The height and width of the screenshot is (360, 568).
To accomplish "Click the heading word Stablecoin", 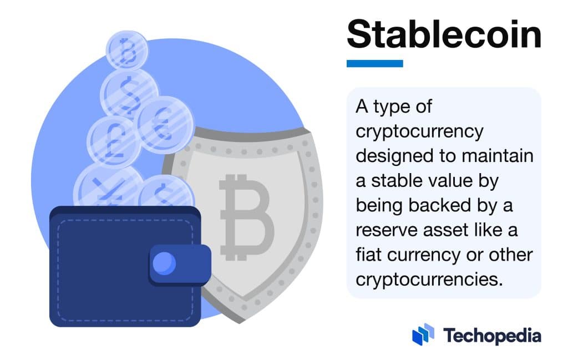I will point(443,36).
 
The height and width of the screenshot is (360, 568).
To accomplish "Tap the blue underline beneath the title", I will point(374,64).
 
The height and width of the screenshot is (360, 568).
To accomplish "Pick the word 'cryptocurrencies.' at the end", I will point(429,279).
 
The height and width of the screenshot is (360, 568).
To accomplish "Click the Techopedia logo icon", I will point(423,334).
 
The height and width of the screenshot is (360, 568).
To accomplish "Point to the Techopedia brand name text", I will point(492,335).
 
